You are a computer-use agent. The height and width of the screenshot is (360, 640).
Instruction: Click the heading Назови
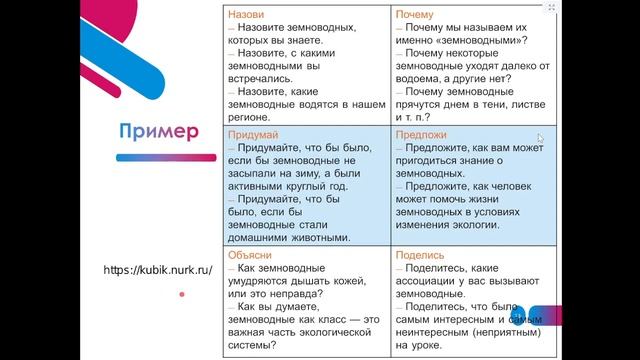click(246, 16)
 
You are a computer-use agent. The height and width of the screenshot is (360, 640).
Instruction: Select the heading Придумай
click(252, 134)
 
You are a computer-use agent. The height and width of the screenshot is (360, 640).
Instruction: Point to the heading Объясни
click(250, 255)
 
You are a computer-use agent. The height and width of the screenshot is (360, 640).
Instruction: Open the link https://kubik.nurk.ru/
click(157, 270)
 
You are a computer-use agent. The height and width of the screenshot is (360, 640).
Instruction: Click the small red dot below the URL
click(181, 294)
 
